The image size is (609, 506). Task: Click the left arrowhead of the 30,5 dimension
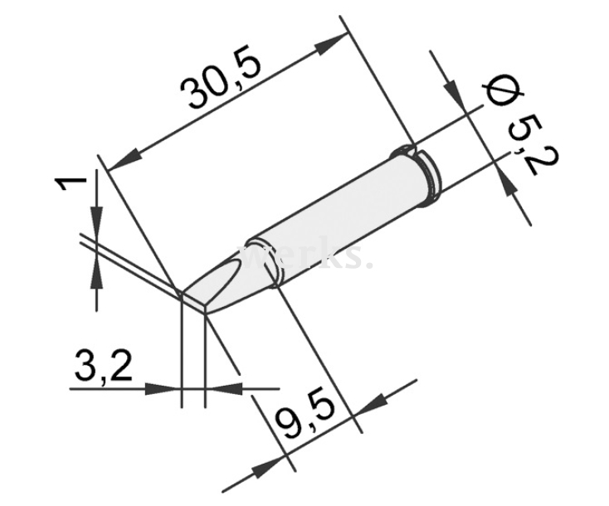(120, 157)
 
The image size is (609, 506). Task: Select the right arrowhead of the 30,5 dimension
(333, 41)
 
